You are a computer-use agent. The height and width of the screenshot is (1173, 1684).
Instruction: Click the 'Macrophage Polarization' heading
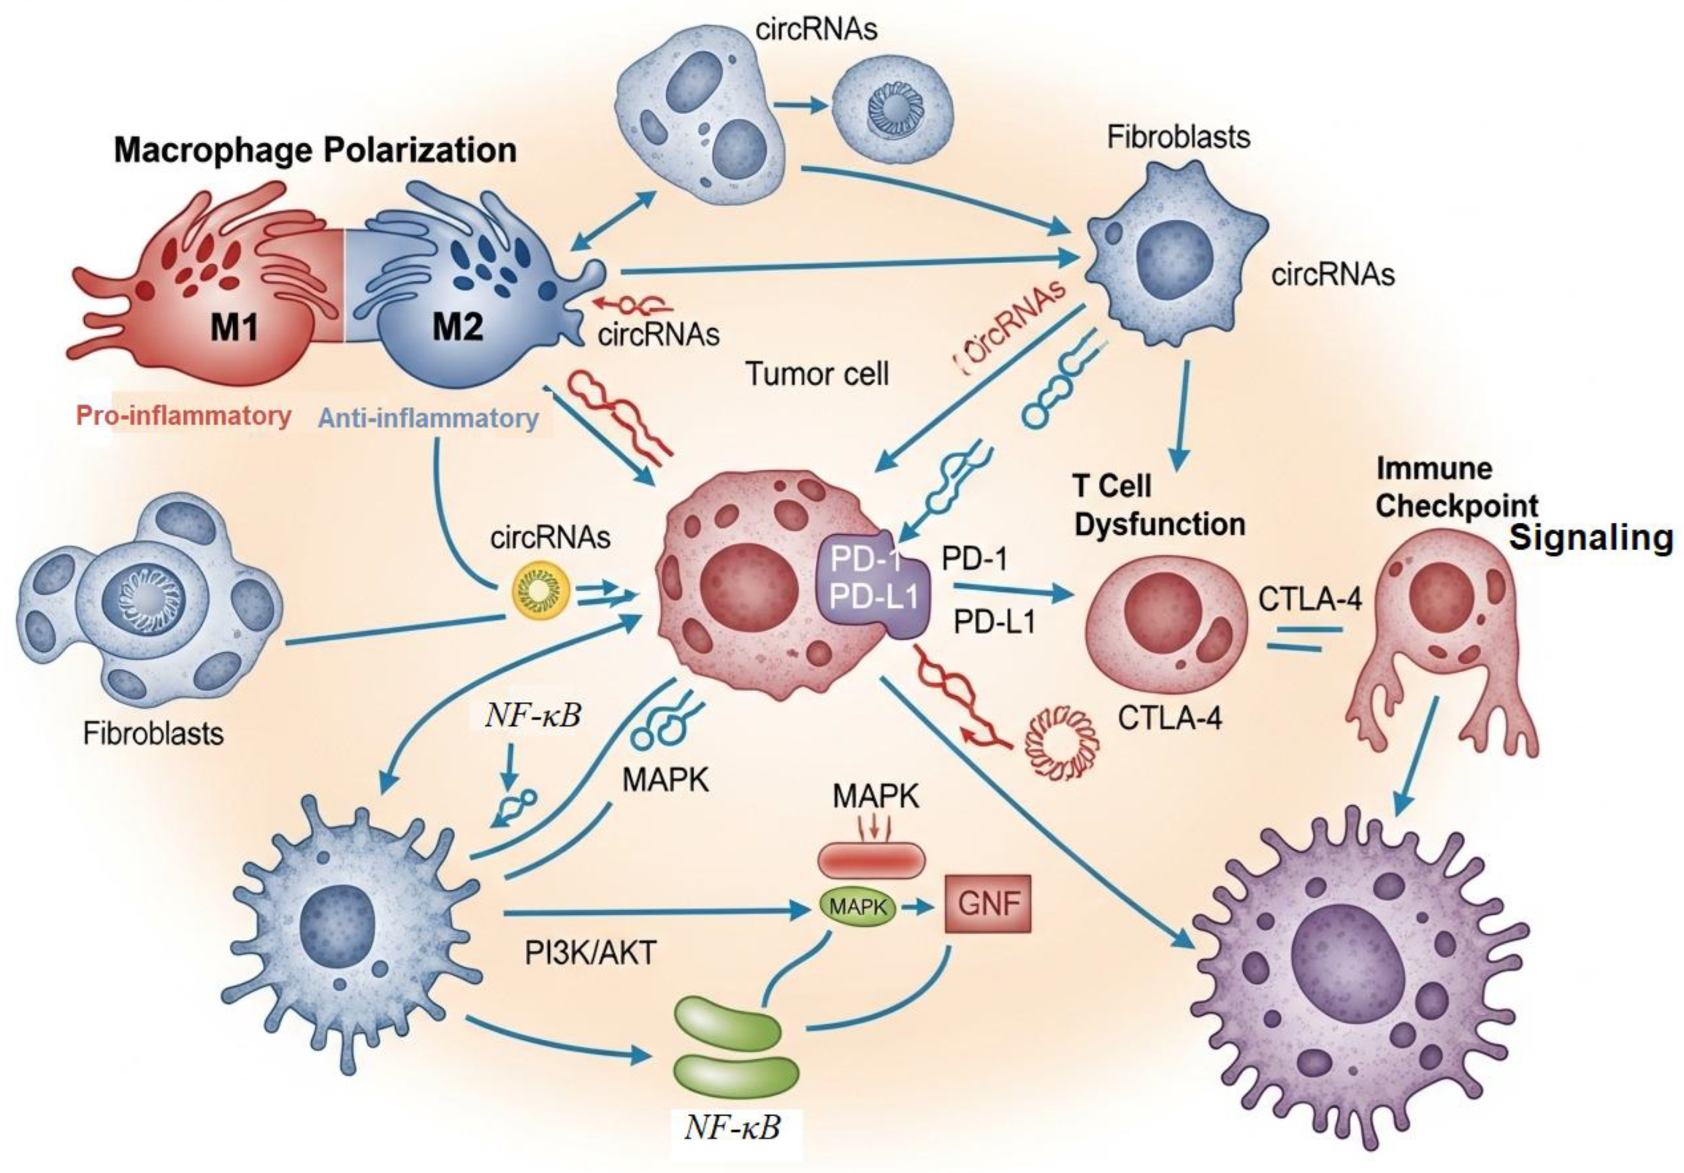(x=315, y=150)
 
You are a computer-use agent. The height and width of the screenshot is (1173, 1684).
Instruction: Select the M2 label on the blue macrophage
(x=458, y=325)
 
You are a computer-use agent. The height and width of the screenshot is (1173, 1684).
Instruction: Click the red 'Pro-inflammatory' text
(x=183, y=416)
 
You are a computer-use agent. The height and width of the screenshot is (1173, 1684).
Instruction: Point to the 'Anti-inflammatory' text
(x=429, y=418)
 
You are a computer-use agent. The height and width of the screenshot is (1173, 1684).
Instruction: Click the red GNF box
(x=988, y=904)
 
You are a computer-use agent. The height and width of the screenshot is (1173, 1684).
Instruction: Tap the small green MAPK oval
(x=857, y=907)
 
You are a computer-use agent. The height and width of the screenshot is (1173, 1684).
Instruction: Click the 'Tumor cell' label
(x=817, y=374)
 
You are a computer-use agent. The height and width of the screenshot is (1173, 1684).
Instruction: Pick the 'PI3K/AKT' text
(x=590, y=953)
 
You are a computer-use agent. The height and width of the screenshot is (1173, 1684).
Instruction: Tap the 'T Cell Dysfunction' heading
(x=1159, y=506)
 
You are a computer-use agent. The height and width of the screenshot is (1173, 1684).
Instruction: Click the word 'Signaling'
(x=1592, y=538)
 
